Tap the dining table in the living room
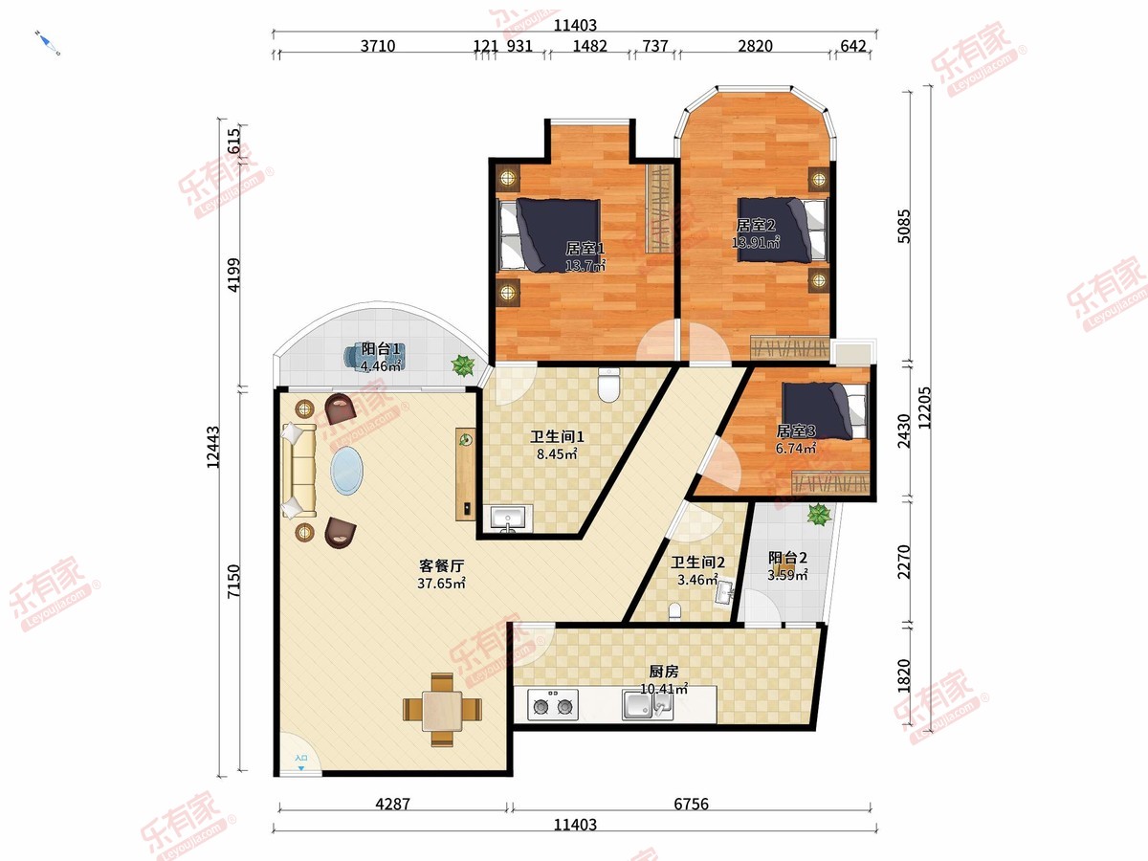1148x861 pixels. [x=443, y=710]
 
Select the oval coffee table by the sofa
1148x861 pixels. [x=346, y=470]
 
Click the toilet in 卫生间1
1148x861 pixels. [x=608, y=385]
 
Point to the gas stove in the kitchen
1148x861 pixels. [x=553, y=705]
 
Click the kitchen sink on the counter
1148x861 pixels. [x=647, y=705]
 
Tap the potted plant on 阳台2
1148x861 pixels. [x=819, y=515]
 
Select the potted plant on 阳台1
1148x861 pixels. [x=463, y=365]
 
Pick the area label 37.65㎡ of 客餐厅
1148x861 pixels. [x=441, y=584]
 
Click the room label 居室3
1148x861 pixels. [x=796, y=431]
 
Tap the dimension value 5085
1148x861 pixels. [x=904, y=227]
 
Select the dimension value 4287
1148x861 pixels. [x=393, y=804]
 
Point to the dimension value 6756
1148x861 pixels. [x=691, y=804]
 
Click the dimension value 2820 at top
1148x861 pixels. [x=755, y=46]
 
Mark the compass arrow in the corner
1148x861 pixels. [x=48, y=43]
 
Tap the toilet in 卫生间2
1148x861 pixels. [x=675, y=610]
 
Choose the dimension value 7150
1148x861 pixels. [x=233, y=581]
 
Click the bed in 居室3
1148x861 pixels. [x=825, y=410]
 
